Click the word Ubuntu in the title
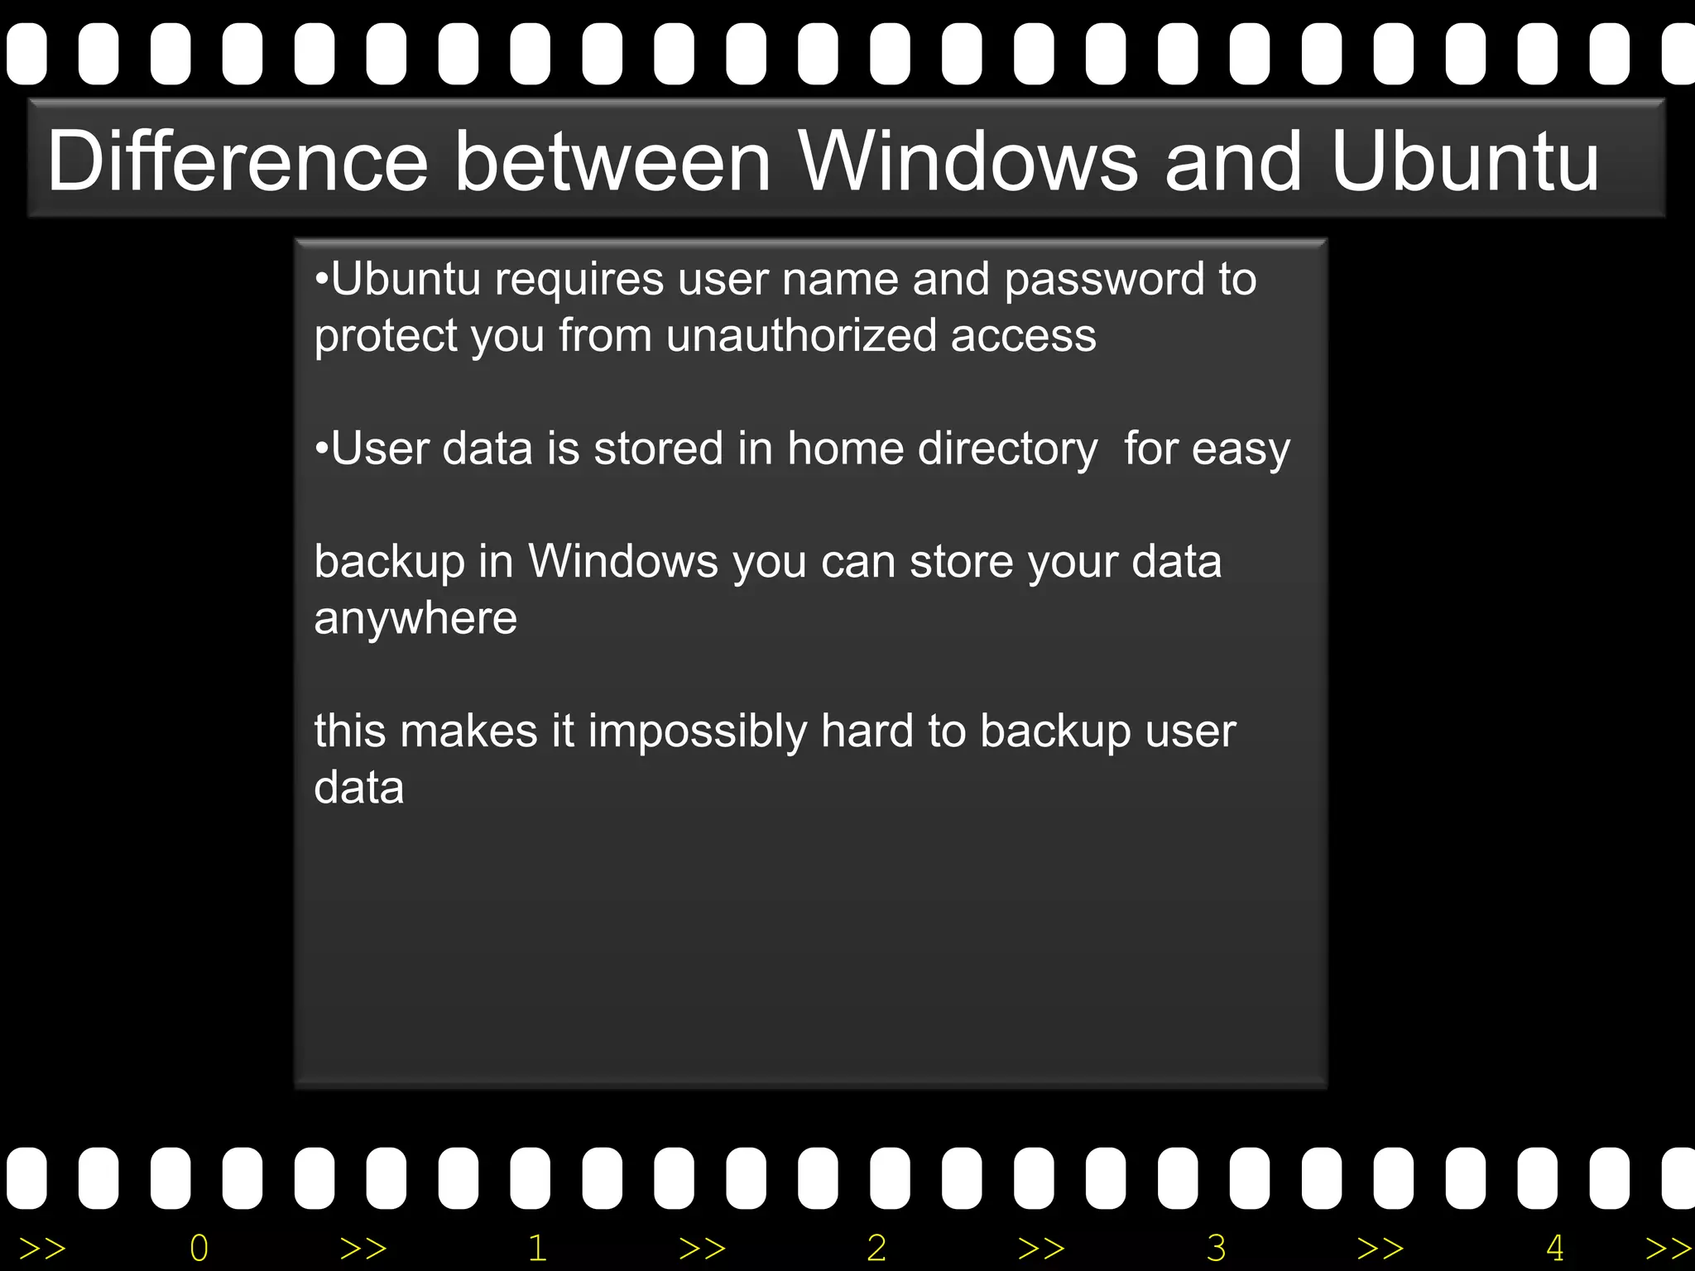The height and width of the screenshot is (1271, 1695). [x=1465, y=161]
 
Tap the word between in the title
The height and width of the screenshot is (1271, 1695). [x=613, y=161]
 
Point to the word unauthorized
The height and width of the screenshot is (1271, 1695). [x=800, y=336]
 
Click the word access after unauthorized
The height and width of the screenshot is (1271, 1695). [x=1023, y=336]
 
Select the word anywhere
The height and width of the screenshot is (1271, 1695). [x=415, y=619]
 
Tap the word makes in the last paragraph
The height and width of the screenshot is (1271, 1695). [x=469, y=732]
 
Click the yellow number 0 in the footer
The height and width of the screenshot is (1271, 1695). [x=199, y=1248]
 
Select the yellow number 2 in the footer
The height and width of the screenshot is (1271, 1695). [x=876, y=1248]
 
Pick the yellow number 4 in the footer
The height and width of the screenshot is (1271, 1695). [x=1554, y=1248]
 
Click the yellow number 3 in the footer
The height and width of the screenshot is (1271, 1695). [x=1216, y=1248]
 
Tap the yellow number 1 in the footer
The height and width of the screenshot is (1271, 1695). [x=538, y=1248]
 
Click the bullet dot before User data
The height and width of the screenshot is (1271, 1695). [x=322, y=449]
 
